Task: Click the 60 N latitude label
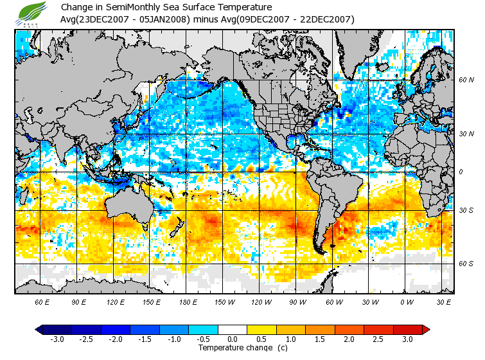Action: pos(466,80)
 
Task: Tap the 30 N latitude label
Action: pos(466,134)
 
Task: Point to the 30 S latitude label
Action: pos(466,210)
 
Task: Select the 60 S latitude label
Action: pos(466,264)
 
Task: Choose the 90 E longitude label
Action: pos(79,301)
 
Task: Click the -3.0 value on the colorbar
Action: pos(57,339)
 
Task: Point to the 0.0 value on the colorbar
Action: pos(233,339)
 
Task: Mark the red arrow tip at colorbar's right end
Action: pos(427,330)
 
